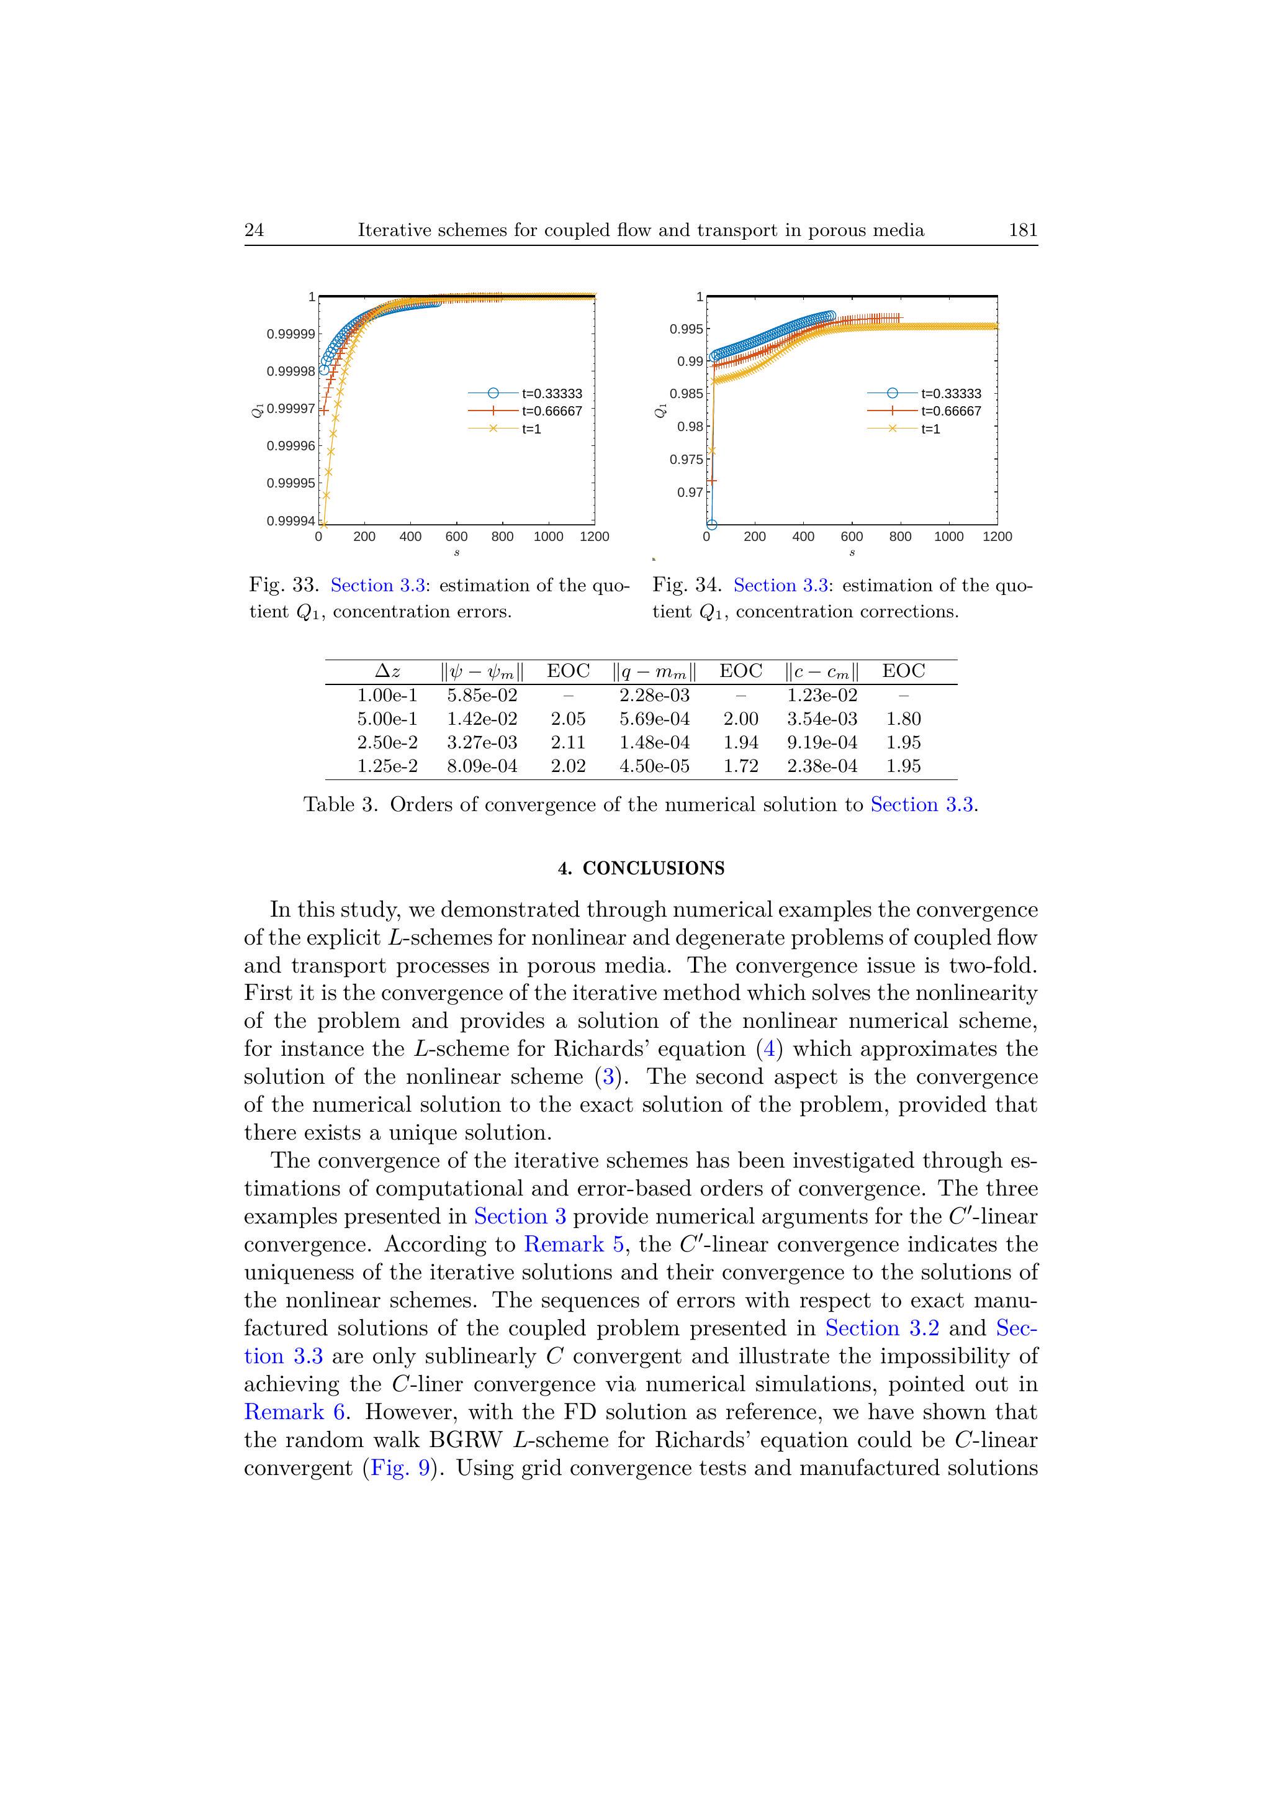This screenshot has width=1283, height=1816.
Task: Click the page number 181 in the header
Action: (x=1022, y=230)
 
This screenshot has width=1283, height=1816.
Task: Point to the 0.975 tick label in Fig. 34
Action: (x=685, y=460)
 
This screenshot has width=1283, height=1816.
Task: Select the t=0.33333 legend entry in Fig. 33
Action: (x=552, y=394)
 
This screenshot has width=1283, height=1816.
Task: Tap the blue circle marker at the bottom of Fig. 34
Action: (x=711, y=524)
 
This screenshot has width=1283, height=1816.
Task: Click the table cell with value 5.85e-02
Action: (x=482, y=695)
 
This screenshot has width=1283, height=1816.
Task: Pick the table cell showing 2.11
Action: (x=569, y=743)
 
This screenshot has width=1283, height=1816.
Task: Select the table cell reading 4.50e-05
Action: (x=655, y=766)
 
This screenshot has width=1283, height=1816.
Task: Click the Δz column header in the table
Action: (x=387, y=671)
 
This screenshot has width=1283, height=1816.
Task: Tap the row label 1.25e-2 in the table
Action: (x=387, y=766)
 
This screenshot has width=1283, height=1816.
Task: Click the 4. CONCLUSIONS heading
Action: (x=641, y=868)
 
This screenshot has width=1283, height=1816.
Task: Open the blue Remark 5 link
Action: (x=564, y=1244)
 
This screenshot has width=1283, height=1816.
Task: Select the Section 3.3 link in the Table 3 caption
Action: (x=922, y=805)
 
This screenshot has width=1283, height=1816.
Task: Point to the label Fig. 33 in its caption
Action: (x=284, y=585)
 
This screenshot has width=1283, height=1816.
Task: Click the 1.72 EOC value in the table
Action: (x=741, y=766)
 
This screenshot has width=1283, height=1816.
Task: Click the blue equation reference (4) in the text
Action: (x=770, y=1050)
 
